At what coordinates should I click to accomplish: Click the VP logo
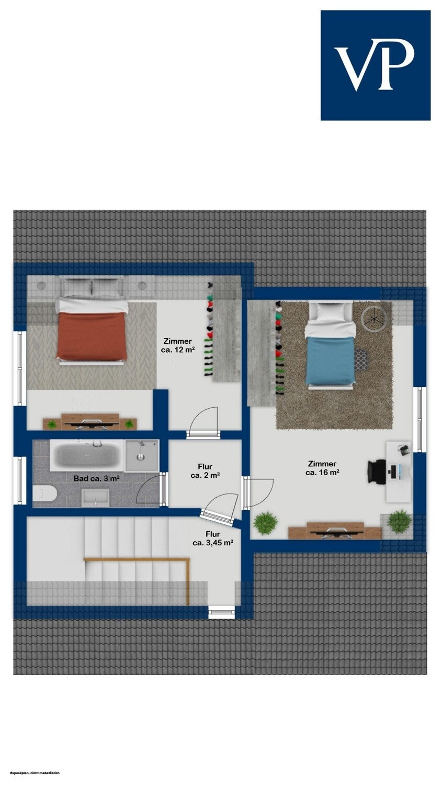click(376, 65)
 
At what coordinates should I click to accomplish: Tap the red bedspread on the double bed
click(92, 336)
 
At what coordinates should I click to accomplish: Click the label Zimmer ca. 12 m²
click(178, 345)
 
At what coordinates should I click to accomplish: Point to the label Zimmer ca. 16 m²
click(322, 468)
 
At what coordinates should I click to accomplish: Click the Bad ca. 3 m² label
click(97, 478)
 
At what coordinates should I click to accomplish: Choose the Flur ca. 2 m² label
click(205, 471)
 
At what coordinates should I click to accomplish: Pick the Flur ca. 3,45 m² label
click(213, 539)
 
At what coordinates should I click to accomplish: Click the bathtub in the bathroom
click(87, 455)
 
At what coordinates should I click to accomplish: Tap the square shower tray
click(141, 456)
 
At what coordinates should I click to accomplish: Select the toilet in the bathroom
click(44, 494)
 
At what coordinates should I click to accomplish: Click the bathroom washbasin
click(95, 498)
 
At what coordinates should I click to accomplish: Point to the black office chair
click(377, 472)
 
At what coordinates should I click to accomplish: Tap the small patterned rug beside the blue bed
click(361, 359)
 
